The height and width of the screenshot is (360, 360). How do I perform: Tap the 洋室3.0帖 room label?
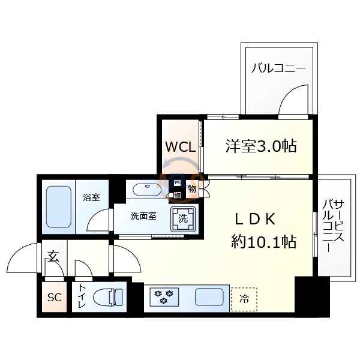click(x=262, y=146)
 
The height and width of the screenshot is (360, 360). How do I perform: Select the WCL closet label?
click(x=181, y=147)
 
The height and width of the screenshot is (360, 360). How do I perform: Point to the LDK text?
click(x=254, y=220)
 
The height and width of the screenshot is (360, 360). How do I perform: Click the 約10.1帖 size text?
click(x=264, y=242)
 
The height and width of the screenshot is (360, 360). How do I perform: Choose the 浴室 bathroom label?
click(x=91, y=197)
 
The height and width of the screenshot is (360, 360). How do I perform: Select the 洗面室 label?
click(x=143, y=216)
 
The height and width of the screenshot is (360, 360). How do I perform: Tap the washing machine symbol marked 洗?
click(x=183, y=219)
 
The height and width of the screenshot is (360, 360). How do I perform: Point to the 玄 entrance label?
click(x=53, y=257)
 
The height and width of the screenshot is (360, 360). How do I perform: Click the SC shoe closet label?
click(x=55, y=298)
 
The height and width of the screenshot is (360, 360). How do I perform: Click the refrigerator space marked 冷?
click(x=244, y=298)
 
